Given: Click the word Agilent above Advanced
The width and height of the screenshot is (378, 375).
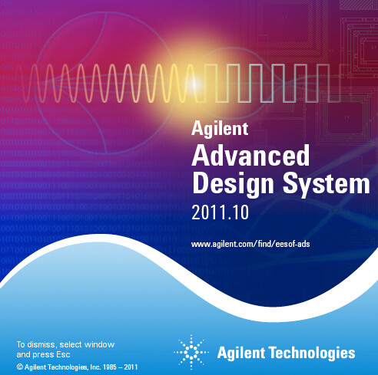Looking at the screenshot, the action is coord(220,129).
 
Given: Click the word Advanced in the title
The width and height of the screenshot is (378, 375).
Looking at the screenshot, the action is coord(250,156).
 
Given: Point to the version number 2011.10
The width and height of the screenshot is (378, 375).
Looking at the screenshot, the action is coord(220,212).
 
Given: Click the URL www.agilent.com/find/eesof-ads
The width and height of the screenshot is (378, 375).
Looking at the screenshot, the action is coord(250,244).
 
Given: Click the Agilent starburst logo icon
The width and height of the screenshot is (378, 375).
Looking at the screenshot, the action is coord(191,352).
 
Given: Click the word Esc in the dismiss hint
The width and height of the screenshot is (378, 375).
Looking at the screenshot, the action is coord(64,355).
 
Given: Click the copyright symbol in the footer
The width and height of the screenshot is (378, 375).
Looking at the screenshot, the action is coord(19,367).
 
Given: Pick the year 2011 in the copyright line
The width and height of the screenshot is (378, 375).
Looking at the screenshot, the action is coord(131,367).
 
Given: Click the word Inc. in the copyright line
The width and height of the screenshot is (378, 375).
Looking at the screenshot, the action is coord(95,367).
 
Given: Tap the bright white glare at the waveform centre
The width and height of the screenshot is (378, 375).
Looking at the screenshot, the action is coord(194,84).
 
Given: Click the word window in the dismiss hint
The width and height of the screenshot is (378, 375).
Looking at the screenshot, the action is coord(99,344).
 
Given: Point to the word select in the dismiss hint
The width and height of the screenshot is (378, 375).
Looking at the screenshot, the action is coord(71,344).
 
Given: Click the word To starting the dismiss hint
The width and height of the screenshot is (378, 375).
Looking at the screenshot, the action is coord(21,344).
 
